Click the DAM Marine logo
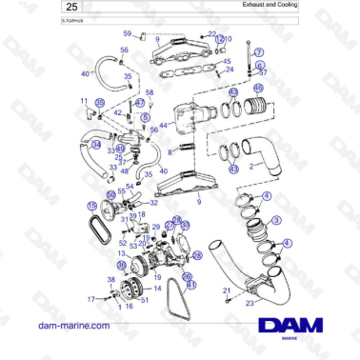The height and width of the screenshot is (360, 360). (296, 328)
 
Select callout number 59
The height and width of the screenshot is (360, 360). (127, 33)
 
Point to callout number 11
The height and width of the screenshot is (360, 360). (84, 100)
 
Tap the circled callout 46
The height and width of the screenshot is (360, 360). (257, 90)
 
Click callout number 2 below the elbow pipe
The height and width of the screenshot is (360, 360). (250, 166)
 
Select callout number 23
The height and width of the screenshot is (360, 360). (250, 303)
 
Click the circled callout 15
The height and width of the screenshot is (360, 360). (91, 205)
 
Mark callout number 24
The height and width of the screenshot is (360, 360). (228, 70)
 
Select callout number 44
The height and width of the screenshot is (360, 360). (164, 125)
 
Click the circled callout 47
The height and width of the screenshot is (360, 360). (140, 102)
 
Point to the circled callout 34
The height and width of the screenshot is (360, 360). (95, 145)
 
